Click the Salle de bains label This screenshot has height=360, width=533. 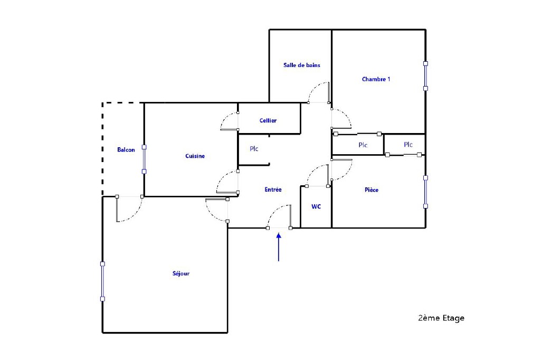point(301,65)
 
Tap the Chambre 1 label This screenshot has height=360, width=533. point(376,79)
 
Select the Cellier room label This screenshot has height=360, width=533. point(268,120)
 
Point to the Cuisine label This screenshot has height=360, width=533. point(195,156)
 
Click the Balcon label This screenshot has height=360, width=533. point(126,149)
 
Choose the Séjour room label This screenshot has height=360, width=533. point(181,273)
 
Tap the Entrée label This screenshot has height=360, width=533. point(273,190)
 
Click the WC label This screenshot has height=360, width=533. point(316,206)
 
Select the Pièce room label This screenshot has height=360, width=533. point(371,190)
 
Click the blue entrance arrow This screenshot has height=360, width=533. point(279,247)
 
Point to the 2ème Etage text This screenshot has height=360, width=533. point(441,318)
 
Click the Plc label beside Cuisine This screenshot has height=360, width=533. point(254,148)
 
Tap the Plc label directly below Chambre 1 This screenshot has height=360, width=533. point(363,145)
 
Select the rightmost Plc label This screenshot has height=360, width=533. point(408,145)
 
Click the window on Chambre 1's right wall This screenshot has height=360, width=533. point(425,76)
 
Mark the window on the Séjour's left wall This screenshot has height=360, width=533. point(102,281)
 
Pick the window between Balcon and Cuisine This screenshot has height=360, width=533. point(144,159)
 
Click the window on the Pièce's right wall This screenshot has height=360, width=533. point(425,192)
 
